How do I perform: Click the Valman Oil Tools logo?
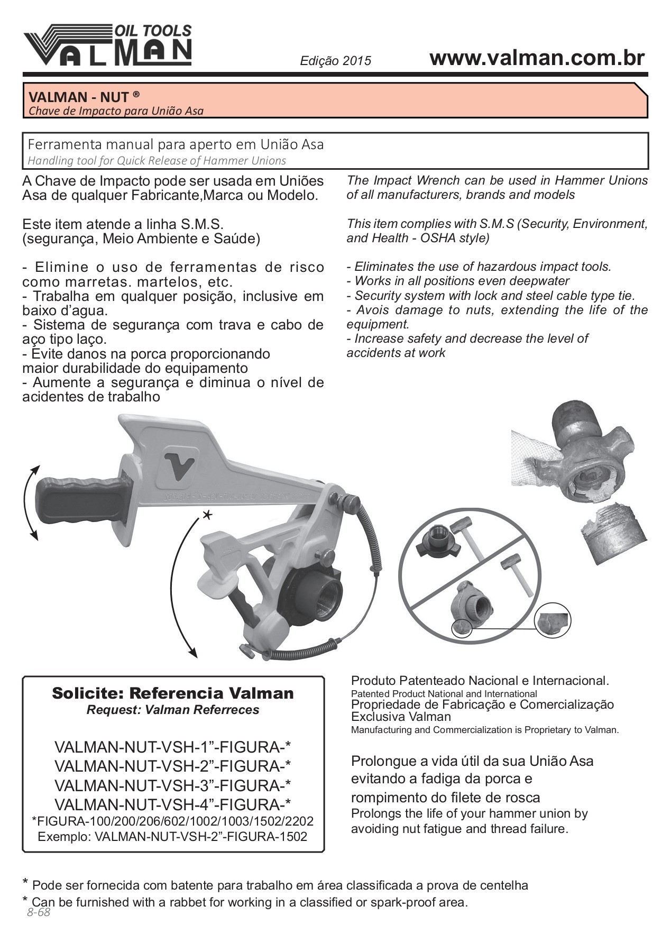[x=107, y=45]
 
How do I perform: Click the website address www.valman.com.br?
[x=537, y=58]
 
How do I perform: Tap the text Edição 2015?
[x=335, y=61]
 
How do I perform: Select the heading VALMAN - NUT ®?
[x=84, y=97]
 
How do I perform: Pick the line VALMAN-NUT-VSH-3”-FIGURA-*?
[x=173, y=785]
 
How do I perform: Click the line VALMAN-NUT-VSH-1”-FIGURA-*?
[x=173, y=747]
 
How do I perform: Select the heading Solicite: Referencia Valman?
[x=173, y=693]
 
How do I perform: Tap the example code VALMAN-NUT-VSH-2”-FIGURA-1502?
[x=173, y=837]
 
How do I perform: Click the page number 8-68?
[x=38, y=912]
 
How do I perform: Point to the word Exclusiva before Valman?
[x=376, y=717]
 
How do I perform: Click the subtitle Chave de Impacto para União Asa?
[x=116, y=111]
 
